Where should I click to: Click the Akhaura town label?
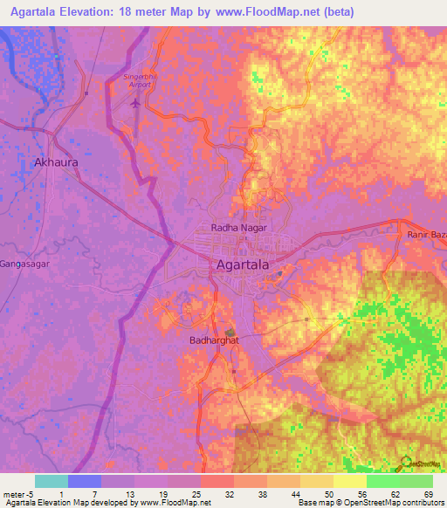tap(55, 162)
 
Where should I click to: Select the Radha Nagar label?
tap(238, 228)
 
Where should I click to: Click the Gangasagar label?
tap(22, 263)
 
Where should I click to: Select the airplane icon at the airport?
tap(134, 103)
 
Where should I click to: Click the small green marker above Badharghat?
tap(230, 333)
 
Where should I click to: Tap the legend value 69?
tap(428, 494)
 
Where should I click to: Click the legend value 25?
tap(196, 494)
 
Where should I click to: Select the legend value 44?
tap(295, 494)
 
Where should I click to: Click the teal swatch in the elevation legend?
tap(52, 481)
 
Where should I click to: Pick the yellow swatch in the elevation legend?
tap(350, 481)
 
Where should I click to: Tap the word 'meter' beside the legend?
tap(12, 494)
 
